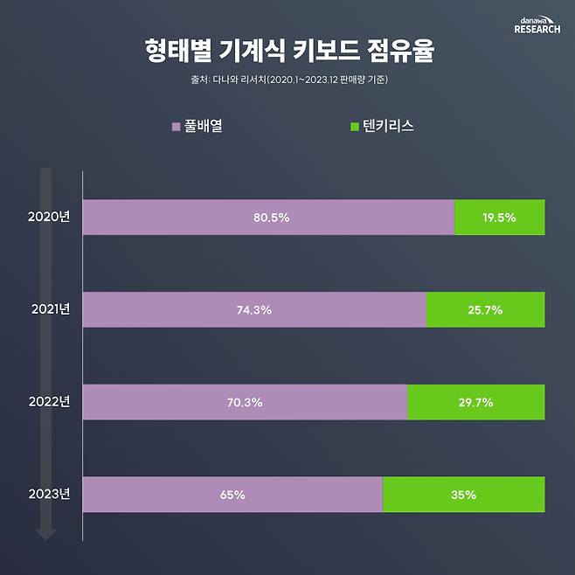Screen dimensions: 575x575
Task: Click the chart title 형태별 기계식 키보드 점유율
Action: click(287, 50)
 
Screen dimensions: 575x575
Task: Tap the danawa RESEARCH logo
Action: click(537, 24)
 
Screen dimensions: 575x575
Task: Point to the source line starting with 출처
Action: click(287, 80)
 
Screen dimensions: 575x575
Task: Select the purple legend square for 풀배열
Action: click(177, 128)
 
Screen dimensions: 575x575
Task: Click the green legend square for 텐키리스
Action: click(354, 128)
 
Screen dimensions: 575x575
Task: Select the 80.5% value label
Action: click(271, 218)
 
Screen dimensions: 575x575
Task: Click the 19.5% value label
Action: click(499, 218)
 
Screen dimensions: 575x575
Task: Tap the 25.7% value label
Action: click(485, 310)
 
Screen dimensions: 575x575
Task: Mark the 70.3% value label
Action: click(246, 403)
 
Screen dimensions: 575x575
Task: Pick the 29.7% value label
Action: click(475, 403)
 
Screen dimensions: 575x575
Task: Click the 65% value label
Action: click(232, 495)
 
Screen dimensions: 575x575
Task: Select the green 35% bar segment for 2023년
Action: click(464, 495)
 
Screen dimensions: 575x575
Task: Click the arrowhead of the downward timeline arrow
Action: click(46, 534)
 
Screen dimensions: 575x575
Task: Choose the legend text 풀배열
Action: click(204, 127)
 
